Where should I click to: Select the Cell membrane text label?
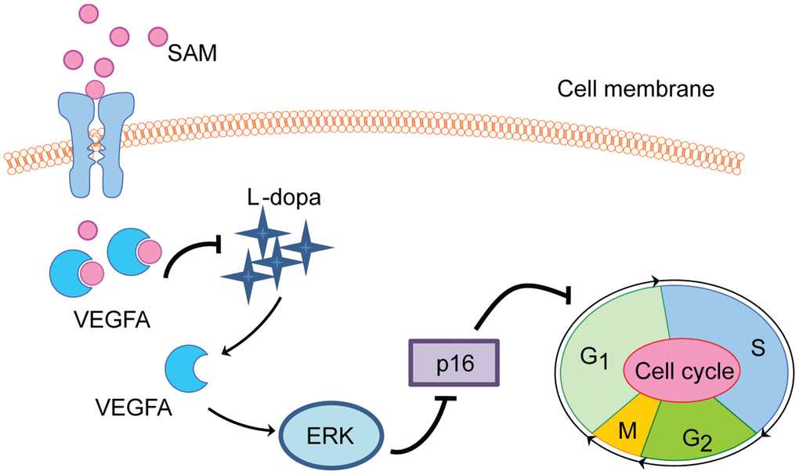[635, 89]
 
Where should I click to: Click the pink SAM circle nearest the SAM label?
[159, 36]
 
